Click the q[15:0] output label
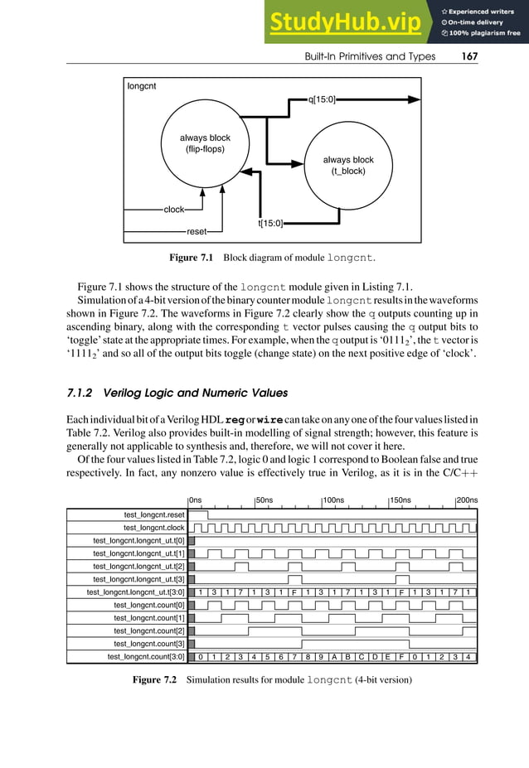(322, 99)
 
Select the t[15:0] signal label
(270, 223)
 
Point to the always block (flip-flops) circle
(205, 145)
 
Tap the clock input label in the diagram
(174, 210)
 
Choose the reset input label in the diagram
(197, 231)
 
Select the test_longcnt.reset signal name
(154, 514)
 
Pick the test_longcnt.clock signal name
(154, 528)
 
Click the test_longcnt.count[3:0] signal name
(146, 657)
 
